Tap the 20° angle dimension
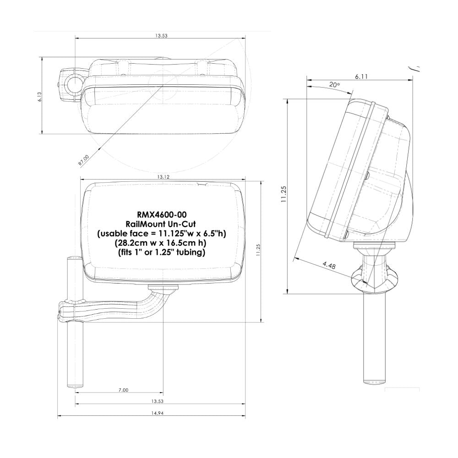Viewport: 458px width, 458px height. pyautogui.click(x=334, y=85)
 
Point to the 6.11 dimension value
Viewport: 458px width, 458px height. pyautogui.click(x=361, y=76)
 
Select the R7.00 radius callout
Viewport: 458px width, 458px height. pyautogui.click(x=84, y=159)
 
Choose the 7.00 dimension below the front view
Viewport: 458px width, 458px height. pyautogui.click(x=123, y=390)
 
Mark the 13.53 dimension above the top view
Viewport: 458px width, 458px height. pyautogui.click(x=161, y=36)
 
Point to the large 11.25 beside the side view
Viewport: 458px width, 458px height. pyautogui.click(x=284, y=194)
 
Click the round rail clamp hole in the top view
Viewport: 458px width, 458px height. pyautogui.click(x=73, y=83)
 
